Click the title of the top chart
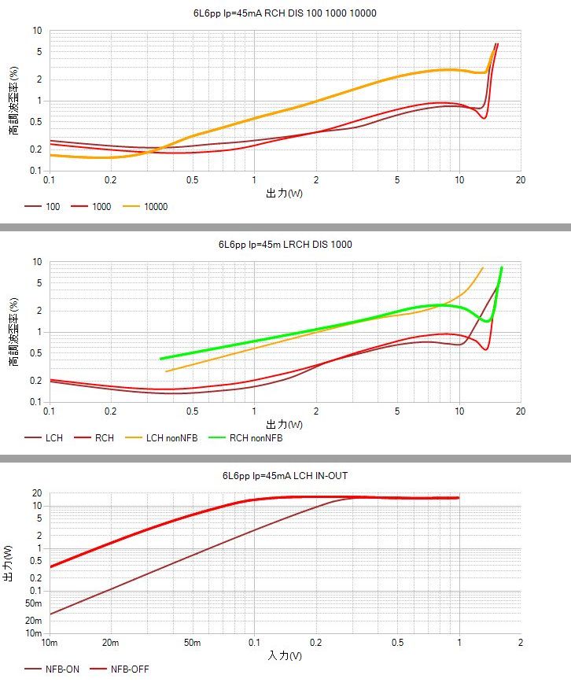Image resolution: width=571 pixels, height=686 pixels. click(x=285, y=13)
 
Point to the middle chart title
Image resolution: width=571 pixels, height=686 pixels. click(x=285, y=245)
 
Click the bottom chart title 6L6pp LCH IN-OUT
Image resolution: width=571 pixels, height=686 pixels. click(x=285, y=476)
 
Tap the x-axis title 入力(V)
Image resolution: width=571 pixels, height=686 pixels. click(x=285, y=655)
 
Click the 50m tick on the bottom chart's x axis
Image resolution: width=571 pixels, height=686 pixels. click(x=193, y=643)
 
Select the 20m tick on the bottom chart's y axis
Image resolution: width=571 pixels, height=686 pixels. click(x=33, y=621)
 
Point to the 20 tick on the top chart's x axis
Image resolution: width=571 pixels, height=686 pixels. click(x=520, y=180)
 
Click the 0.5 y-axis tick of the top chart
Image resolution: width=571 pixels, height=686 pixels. click(x=36, y=121)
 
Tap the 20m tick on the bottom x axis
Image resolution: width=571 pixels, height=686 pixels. click(x=110, y=643)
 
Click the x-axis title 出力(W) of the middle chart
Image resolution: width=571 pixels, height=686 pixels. click(x=285, y=424)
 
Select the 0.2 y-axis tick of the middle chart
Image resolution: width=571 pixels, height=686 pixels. click(x=36, y=381)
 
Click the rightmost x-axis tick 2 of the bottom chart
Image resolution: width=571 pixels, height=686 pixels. click(x=520, y=643)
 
